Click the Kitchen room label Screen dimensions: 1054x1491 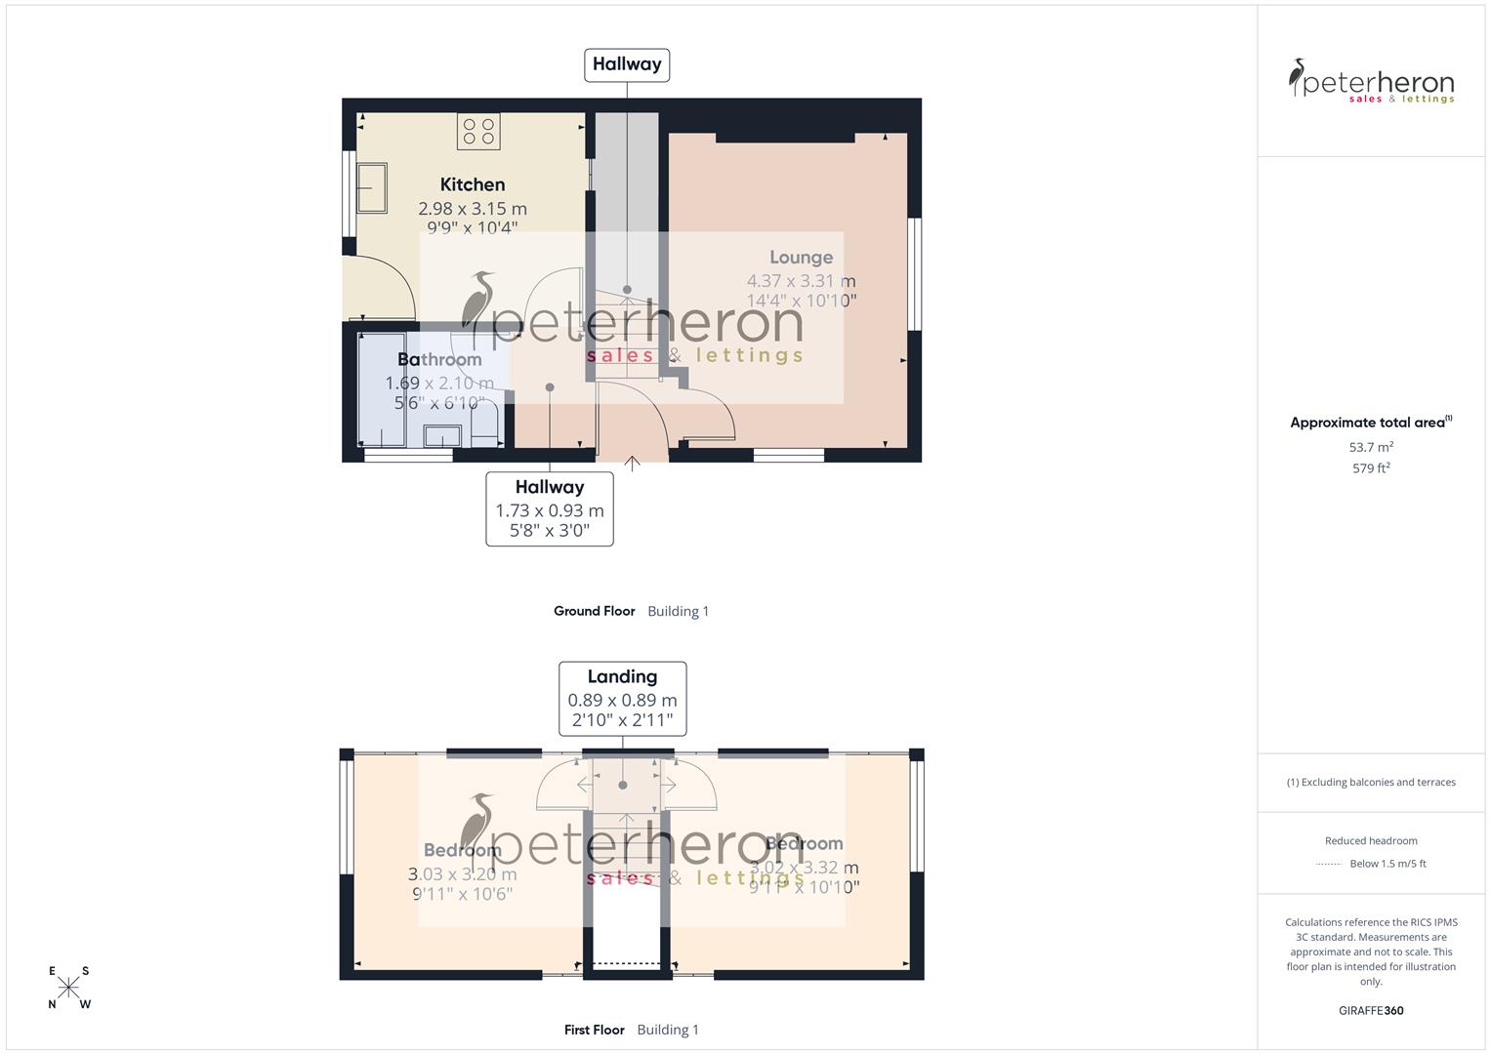tap(473, 184)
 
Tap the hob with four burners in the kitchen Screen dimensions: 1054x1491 tap(478, 132)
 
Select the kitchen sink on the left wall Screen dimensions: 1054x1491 tap(371, 187)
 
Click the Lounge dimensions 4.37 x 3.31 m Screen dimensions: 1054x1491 tap(801, 281)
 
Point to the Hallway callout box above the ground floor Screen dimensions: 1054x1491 tap(627, 64)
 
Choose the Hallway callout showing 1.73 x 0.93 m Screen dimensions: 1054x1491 tap(550, 508)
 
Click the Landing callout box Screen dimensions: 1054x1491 tap(622, 699)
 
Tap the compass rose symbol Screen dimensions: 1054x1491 tap(68, 988)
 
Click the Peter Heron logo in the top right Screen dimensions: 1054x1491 tap(1371, 81)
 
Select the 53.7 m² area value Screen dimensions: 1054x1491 tap(1371, 447)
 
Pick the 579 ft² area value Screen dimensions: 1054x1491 tap(1371, 468)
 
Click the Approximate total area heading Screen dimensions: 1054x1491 tap(1370, 423)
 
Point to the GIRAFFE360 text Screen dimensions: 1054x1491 tap(1371, 1011)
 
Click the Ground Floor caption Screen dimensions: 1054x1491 tap(594, 611)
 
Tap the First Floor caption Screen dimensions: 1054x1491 tap(594, 1030)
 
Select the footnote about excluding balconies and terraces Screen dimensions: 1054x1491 tap(1371, 782)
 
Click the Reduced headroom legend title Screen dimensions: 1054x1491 tap(1371, 840)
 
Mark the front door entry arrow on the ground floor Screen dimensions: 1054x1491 tap(632, 464)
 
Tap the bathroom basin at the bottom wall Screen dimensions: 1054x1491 tap(442, 435)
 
